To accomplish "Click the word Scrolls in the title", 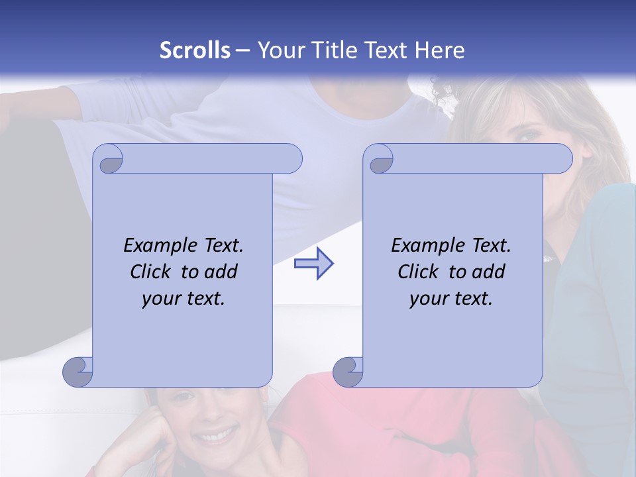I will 195,50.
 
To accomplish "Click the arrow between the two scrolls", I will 313,264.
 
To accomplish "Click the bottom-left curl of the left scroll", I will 78,371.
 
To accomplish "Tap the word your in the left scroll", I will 160,299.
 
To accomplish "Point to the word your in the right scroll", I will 428,299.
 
